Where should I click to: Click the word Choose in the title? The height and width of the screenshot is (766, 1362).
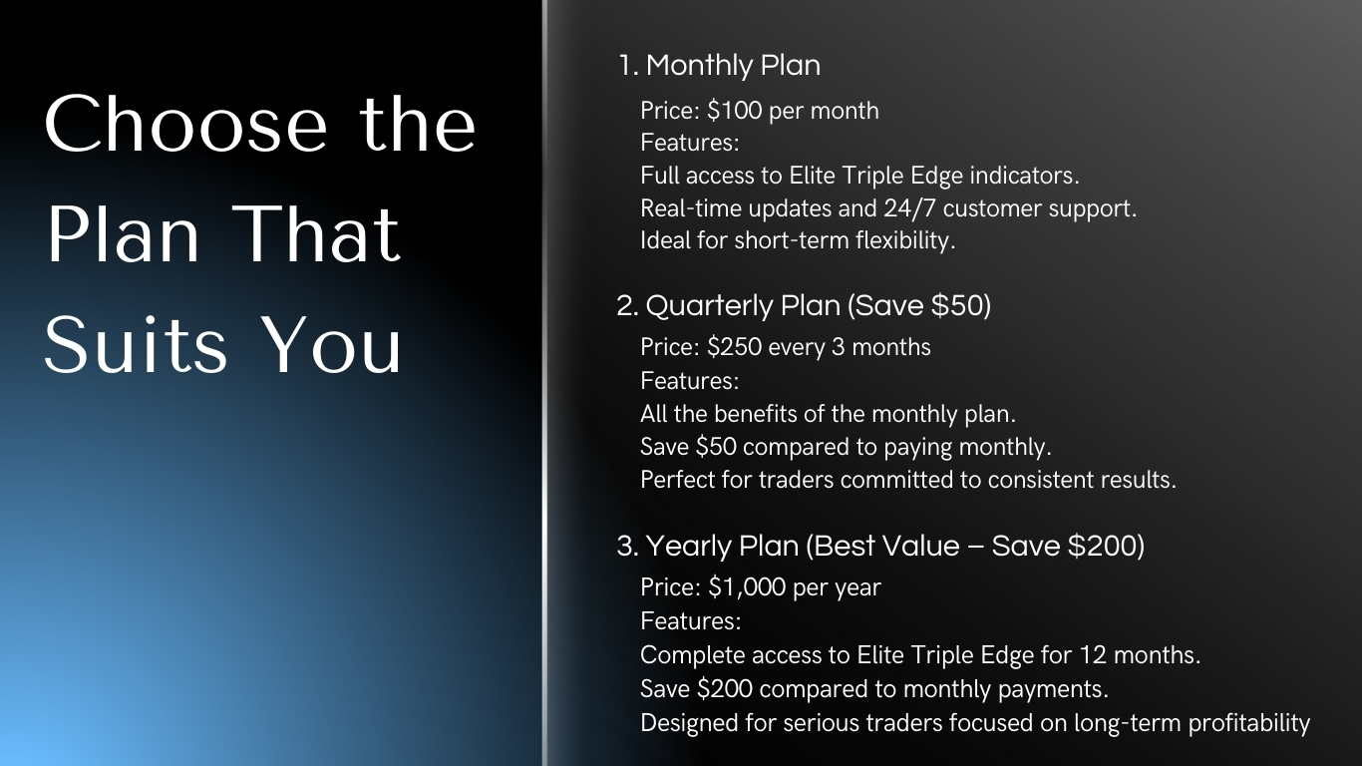186,124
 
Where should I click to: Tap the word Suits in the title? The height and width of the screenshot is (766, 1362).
136,344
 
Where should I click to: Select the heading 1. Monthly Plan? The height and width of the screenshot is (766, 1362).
719,65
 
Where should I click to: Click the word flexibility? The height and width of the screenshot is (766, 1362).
905,240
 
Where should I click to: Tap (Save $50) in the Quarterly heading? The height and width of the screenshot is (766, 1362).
918,305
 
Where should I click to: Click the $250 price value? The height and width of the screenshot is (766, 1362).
734,347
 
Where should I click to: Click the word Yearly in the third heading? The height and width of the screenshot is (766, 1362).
688,546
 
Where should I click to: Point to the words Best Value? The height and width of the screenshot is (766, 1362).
886,546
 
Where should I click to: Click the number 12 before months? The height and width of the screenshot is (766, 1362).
1093,655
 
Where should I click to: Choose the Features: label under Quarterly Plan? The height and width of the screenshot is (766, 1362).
690,381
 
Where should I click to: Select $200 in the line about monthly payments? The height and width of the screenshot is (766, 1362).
725,689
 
